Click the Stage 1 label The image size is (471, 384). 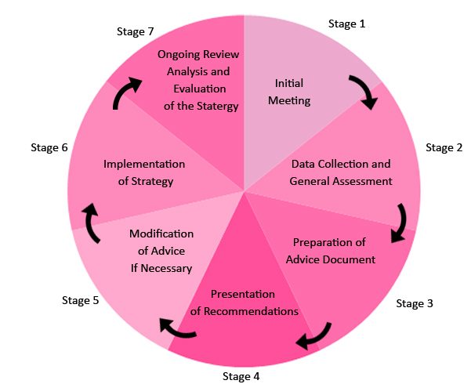[346, 24]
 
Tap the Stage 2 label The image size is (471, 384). [444, 147]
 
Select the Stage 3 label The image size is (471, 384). [415, 303]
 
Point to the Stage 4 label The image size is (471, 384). [240, 375]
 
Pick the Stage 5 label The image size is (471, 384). [80, 299]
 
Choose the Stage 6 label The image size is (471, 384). [49, 147]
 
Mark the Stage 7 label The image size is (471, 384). [136, 31]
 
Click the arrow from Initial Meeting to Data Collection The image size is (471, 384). [364, 91]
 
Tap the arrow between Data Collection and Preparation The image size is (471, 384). [400, 222]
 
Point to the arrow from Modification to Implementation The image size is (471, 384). [91, 223]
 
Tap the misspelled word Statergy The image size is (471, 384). [212, 106]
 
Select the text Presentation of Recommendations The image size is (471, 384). [244, 302]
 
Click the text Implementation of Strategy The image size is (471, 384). [145, 172]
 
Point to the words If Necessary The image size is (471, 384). [161, 268]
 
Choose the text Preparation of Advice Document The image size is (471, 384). [330, 251]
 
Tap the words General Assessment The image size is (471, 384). [340, 181]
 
